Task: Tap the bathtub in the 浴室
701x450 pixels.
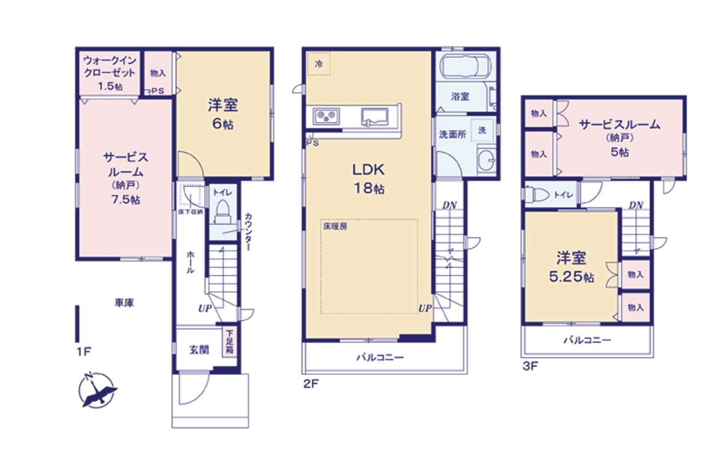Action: tap(466, 66)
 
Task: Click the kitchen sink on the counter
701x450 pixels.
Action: tap(375, 117)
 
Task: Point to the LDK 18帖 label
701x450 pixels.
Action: tap(369, 179)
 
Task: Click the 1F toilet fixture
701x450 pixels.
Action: tap(222, 212)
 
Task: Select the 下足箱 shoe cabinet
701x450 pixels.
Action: tap(229, 342)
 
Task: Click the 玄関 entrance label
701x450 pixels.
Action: tap(199, 350)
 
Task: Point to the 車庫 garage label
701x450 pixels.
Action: tap(124, 303)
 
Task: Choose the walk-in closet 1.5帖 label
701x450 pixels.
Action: tap(110, 73)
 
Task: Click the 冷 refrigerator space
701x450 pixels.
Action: tap(319, 64)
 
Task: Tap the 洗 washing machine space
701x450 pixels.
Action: tap(482, 130)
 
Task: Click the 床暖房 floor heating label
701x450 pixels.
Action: tap(335, 226)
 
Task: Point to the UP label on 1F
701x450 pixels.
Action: tap(205, 309)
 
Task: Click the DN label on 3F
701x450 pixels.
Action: tap(636, 205)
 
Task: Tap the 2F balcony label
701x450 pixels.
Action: tap(380, 357)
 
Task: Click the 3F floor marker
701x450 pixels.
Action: tap(530, 366)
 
